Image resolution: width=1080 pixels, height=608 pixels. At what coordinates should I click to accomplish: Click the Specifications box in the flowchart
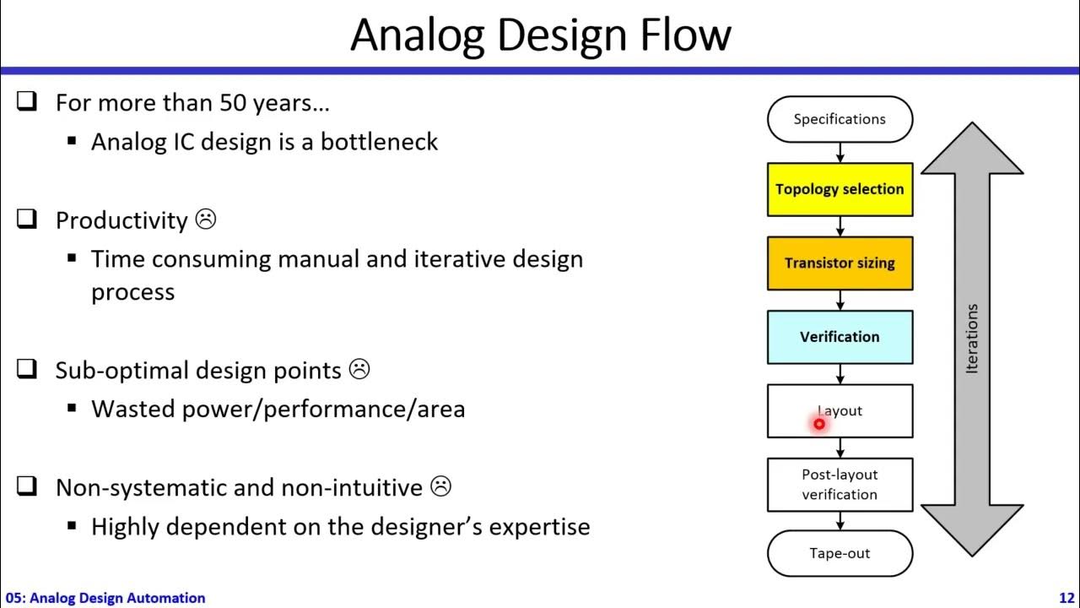[840, 119]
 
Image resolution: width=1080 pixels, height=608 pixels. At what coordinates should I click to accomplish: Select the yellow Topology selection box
[840, 189]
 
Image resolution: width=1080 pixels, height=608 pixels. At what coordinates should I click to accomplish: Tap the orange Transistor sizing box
[840, 263]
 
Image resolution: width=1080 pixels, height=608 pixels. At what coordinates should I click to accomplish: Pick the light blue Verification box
[840, 337]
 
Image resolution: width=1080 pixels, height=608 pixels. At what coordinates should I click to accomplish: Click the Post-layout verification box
[840, 485]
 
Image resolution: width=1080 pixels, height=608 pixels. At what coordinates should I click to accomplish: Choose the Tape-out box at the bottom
[840, 554]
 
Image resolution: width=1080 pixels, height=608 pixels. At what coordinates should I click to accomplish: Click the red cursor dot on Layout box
[818, 424]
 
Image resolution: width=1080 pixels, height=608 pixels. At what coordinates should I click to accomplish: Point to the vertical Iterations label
[972, 339]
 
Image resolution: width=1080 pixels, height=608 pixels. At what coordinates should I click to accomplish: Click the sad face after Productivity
[206, 220]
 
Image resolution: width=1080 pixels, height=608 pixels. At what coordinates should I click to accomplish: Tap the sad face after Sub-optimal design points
[359, 370]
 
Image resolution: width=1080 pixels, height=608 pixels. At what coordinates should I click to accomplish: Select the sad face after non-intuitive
[440, 486]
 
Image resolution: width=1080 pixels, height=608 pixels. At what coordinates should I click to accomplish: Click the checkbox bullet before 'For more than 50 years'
[27, 102]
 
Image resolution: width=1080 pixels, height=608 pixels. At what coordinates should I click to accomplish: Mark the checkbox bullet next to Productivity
[27, 220]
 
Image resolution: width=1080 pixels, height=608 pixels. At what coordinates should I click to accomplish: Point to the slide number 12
[1066, 598]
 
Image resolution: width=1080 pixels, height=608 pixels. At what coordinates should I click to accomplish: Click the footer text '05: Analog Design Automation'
[105, 598]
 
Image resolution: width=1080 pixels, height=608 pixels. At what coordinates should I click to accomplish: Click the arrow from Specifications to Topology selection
[840, 153]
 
